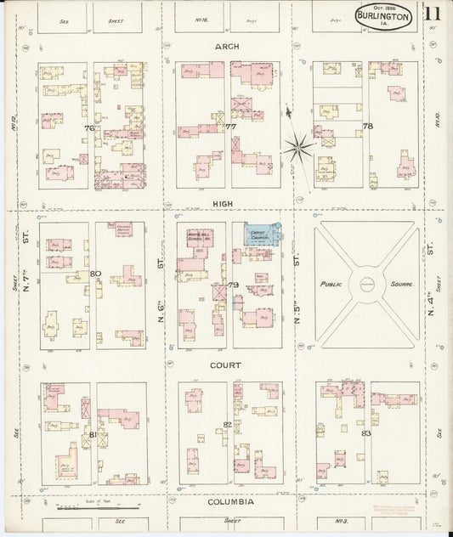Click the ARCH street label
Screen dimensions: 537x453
[x=227, y=47]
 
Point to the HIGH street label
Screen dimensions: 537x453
[x=225, y=204]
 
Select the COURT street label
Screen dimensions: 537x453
[x=227, y=365]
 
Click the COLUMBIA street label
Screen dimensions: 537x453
[x=230, y=502]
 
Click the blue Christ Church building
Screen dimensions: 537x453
[x=261, y=235]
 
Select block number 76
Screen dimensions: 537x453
[x=88, y=128]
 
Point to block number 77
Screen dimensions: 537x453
[x=229, y=127]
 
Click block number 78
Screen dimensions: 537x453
[x=367, y=126]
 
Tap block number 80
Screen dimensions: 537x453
[x=94, y=274]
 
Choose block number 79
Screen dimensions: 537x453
[x=232, y=284]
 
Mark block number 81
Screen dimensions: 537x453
[x=93, y=435]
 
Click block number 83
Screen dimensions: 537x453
[x=366, y=433]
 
